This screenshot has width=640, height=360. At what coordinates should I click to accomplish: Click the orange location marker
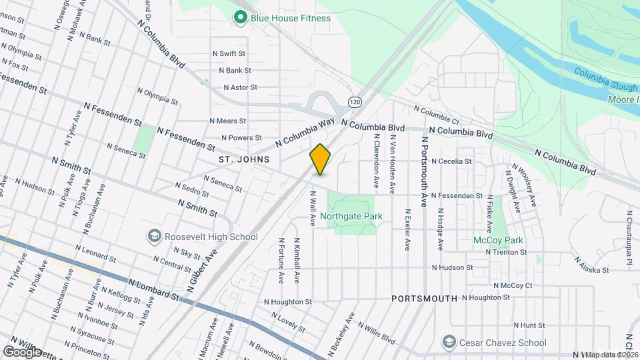pos(321,159)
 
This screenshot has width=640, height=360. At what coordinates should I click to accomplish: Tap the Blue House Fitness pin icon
pos(239,18)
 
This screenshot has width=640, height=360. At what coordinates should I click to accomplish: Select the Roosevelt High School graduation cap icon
pos(155,237)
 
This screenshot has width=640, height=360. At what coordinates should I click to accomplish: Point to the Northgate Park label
pos(351,216)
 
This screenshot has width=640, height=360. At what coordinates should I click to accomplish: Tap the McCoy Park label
pos(498,240)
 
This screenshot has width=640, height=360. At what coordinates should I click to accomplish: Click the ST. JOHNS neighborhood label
pos(243,159)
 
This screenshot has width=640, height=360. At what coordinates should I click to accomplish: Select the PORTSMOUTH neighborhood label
pos(424,298)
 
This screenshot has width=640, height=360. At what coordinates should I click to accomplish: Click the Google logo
pos(22,351)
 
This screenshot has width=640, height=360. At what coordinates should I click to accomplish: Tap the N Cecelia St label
pos(451,161)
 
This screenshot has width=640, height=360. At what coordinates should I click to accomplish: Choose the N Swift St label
pos(229,53)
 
